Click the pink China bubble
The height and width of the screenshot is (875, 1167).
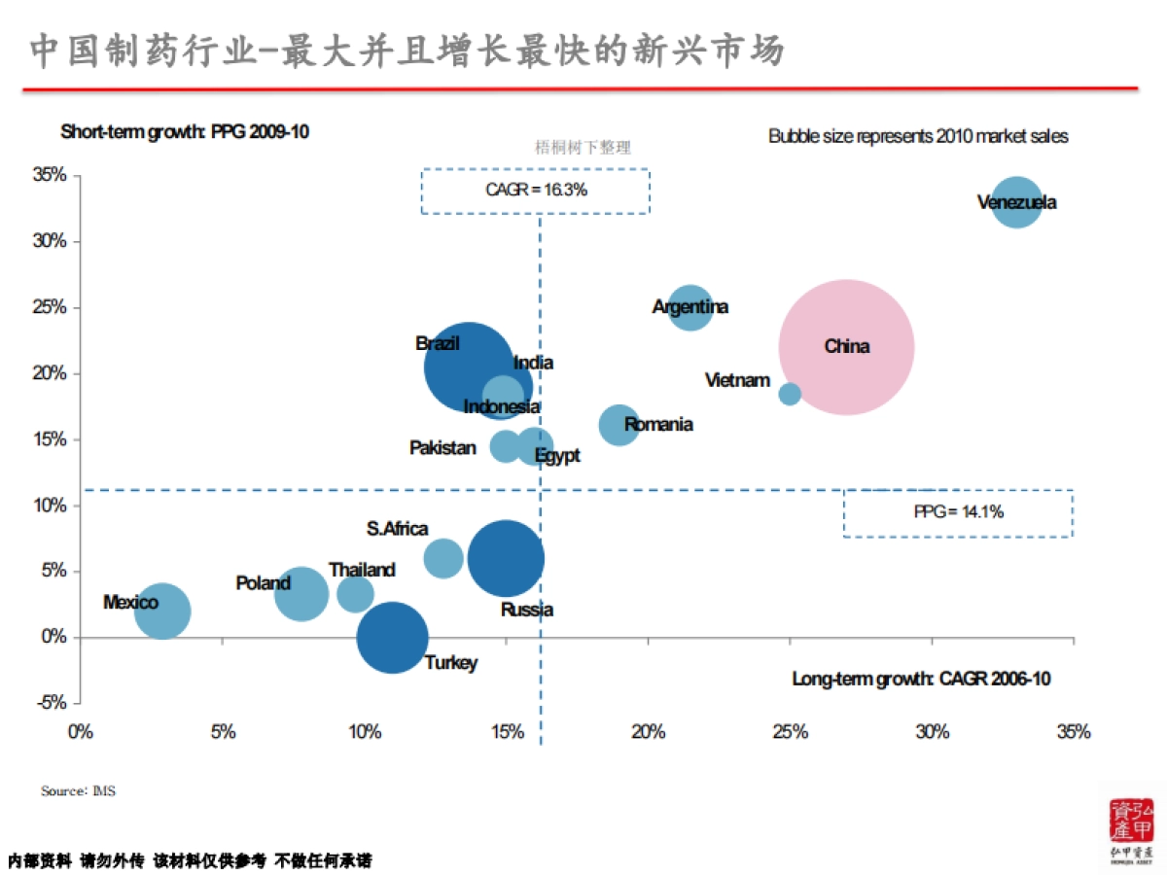pyautogui.click(x=846, y=347)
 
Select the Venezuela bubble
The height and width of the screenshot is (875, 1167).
pyautogui.click(x=1017, y=203)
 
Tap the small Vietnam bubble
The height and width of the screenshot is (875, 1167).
pyautogui.click(x=790, y=394)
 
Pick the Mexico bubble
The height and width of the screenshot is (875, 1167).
pyautogui.click(x=161, y=612)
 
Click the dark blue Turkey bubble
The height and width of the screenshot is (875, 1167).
pyautogui.click(x=392, y=638)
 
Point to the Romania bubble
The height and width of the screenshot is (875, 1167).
pyautogui.click(x=619, y=425)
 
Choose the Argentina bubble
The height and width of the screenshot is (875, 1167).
pyautogui.click(x=690, y=308)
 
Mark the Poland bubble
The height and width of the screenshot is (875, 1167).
pyautogui.click(x=301, y=593)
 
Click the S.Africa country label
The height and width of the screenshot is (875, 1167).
pyautogui.click(x=397, y=529)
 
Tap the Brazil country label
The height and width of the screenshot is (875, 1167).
pyautogui.click(x=437, y=343)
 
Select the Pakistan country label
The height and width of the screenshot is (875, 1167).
pyautogui.click(x=442, y=448)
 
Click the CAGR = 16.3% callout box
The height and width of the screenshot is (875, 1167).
pyautogui.click(x=535, y=191)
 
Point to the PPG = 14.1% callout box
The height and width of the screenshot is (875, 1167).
pyautogui.click(x=958, y=512)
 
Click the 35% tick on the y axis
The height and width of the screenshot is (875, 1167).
pyautogui.click(x=50, y=175)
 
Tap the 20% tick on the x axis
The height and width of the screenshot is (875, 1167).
pyautogui.click(x=648, y=732)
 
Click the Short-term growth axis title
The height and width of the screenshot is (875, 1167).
pyautogui.click(x=185, y=131)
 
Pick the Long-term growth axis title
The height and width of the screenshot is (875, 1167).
pyautogui.click(x=921, y=679)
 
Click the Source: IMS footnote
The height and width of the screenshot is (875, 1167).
pyautogui.click(x=78, y=791)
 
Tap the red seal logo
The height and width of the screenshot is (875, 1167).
pyautogui.click(x=1131, y=822)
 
